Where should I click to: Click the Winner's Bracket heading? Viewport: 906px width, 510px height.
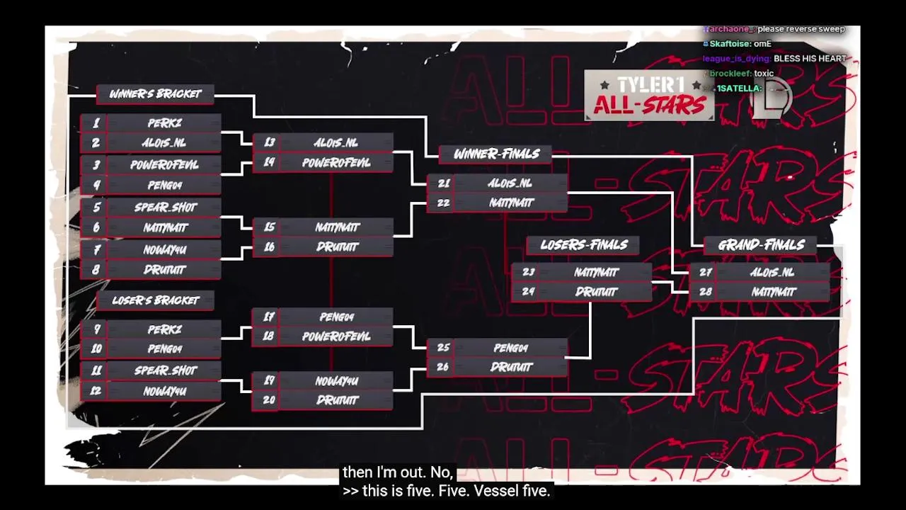tap(155, 94)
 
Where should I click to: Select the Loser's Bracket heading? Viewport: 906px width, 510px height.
tap(155, 300)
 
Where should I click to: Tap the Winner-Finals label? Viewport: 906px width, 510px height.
tap(496, 154)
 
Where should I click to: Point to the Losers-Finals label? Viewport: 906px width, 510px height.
tap(583, 245)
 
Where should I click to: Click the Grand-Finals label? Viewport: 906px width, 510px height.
tap(761, 245)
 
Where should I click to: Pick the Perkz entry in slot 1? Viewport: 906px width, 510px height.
tap(164, 123)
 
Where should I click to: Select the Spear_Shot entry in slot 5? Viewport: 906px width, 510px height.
tap(164, 208)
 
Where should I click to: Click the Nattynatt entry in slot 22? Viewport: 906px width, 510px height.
tap(511, 203)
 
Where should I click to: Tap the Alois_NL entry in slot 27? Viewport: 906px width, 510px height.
tap(773, 273)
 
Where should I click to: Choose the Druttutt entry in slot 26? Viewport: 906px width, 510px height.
tap(511, 367)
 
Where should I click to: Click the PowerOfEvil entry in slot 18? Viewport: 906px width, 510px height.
tap(336, 336)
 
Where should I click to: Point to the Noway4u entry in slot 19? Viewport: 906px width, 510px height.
tap(336, 381)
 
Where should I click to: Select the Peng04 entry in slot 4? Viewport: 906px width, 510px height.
tap(164, 186)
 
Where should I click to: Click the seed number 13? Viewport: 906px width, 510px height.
tap(269, 143)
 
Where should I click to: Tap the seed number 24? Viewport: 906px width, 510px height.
tap(528, 292)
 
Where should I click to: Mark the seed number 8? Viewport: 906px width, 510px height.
tap(96, 270)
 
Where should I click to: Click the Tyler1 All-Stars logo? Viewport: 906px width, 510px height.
tap(649, 96)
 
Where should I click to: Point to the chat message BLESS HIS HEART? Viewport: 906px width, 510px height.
tap(810, 59)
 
